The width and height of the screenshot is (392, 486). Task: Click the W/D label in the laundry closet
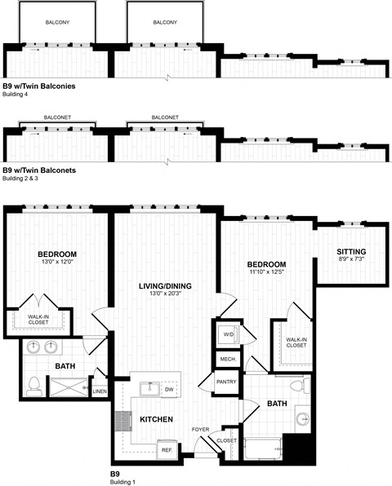228,334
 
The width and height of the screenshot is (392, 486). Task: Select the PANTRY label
225,381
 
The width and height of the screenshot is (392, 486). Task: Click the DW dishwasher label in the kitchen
170,390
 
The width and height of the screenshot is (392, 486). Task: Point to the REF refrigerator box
166,448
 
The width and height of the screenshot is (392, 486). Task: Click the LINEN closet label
100,391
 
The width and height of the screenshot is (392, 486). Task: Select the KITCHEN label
156,419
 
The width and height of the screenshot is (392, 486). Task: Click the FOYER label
201,428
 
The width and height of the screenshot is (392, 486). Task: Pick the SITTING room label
351,251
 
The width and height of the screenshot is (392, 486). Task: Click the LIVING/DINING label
164,285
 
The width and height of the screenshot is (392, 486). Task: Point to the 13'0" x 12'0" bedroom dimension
56,263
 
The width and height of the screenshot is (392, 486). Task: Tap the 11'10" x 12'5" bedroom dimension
268,274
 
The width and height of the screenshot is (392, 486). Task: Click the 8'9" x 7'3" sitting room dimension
351,260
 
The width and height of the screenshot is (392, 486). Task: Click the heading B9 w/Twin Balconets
39,170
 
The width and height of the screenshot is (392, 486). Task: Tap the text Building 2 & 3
25,178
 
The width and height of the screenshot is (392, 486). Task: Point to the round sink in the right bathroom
302,420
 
